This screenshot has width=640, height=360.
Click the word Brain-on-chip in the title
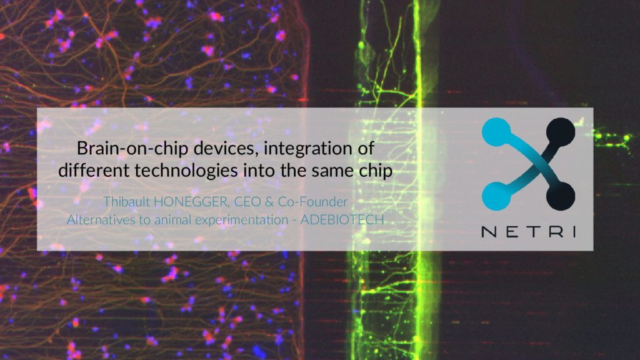click(x=132, y=149)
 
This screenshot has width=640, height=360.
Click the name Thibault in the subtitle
click(x=126, y=201)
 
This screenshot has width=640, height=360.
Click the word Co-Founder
click(x=312, y=202)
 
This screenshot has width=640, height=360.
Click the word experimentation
click(x=242, y=221)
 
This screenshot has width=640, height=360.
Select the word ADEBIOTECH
click(x=342, y=219)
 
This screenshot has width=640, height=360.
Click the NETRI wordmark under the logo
click(x=529, y=232)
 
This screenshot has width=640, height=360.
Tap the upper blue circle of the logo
click(x=496, y=131)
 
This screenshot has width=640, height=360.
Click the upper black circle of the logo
click(x=561, y=131)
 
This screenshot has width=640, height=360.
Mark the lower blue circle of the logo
click(x=496, y=196)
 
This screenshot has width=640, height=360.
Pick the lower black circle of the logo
click(x=561, y=196)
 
